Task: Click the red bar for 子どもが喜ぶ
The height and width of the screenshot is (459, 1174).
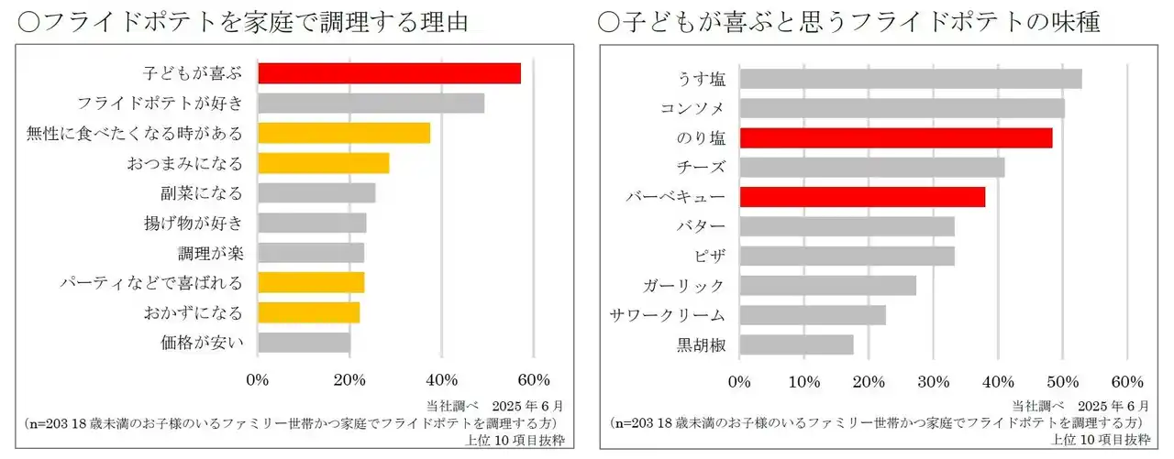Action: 389,73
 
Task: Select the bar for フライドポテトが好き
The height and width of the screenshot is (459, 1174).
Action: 371,104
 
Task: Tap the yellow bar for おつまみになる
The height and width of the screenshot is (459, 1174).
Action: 323,163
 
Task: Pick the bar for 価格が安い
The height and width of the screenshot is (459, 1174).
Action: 304,343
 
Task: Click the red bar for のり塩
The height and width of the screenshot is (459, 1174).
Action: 895,138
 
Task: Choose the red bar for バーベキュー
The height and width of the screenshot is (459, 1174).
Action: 862,197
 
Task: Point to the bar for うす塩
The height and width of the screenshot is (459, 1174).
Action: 910,79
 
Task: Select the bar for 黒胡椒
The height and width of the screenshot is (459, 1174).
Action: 796,344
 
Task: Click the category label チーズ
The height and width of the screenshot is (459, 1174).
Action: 705,168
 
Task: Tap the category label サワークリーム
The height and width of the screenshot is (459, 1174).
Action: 668,315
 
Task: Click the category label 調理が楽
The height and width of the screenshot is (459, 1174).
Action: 210,253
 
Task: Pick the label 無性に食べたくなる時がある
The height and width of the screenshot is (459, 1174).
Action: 135,134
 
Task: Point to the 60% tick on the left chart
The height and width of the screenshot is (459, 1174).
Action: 534,380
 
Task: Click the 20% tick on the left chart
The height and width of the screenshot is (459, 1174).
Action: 349,380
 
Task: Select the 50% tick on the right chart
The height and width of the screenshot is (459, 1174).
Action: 1062,381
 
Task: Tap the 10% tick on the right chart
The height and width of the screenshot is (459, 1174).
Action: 803,381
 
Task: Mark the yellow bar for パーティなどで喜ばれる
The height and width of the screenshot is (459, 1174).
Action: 311,282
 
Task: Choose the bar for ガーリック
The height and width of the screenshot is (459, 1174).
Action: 827,286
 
